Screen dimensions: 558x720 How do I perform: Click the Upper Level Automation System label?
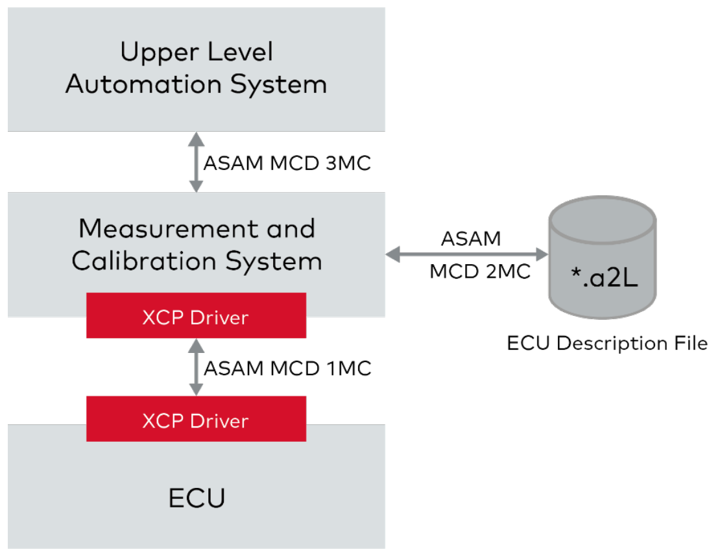pyautogui.click(x=196, y=69)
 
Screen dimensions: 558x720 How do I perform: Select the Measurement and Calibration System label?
pyautogui.click(x=197, y=245)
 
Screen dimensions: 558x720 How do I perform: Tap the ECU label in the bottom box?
pyautogui.click(x=197, y=499)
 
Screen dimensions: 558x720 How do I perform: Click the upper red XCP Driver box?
pyautogui.click(x=196, y=316)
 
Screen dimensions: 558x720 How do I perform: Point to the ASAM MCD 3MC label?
pyautogui.click(x=287, y=163)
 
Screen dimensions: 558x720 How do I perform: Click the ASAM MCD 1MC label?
pyautogui.click(x=287, y=369)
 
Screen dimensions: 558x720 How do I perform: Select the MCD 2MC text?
pyautogui.click(x=480, y=272)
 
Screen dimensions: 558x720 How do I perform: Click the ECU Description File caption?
pyautogui.click(x=607, y=343)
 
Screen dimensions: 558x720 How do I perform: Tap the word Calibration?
pyautogui.click(x=144, y=261)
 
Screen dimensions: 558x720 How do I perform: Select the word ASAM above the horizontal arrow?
pyautogui.click(x=471, y=239)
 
